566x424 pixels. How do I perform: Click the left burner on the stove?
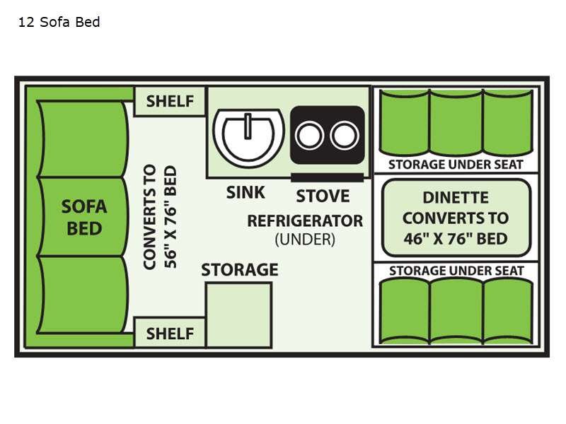click(310, 135)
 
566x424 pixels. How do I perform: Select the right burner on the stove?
click(345, 135)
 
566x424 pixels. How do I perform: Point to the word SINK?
click(246, 192)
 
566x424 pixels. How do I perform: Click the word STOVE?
click(323, 196)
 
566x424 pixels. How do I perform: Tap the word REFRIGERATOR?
click(305, 220)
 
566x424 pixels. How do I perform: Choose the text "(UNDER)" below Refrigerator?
click(305, 240)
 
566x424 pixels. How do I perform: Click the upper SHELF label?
click(170, 101)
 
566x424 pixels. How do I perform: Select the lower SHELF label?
click(170, 334)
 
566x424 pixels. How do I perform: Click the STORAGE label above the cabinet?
click(239, 270)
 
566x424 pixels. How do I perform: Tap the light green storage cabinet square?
click(238, 314)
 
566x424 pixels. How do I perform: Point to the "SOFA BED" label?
click(83, 217)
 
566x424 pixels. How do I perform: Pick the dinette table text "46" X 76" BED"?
click(456, 238)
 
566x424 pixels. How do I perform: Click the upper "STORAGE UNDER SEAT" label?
click(456, 165)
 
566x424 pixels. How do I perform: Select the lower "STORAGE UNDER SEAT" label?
click(456, 271)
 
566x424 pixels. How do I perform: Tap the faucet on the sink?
click(248, 126)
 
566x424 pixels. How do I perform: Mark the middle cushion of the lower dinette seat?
click(456, 310)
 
